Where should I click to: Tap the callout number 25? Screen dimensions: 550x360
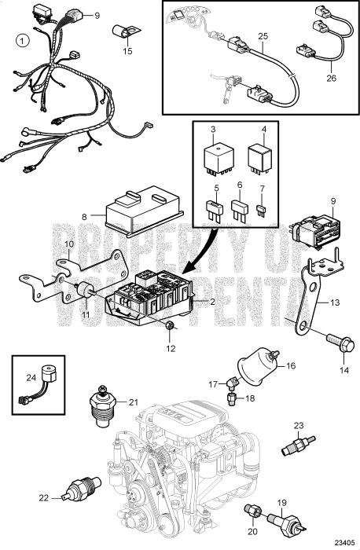point(263,36)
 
